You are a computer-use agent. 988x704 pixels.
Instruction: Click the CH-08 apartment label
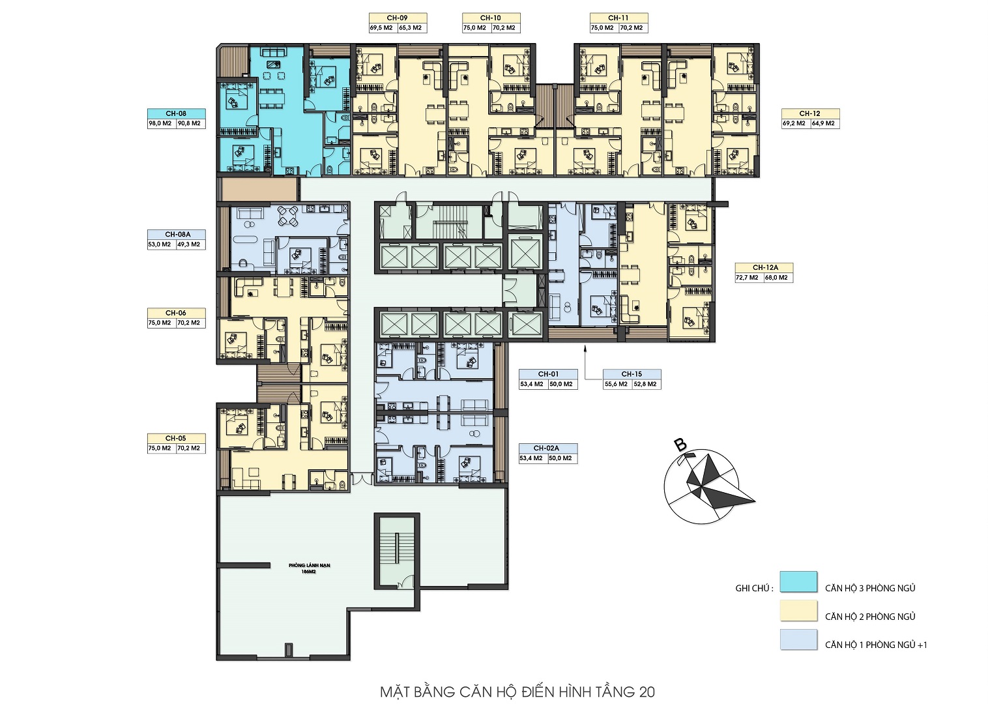(176, 113)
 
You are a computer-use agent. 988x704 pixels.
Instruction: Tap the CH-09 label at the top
(398, 18)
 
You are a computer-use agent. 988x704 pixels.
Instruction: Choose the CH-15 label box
(632, 374)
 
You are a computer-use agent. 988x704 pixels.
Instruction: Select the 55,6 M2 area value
(616, 384)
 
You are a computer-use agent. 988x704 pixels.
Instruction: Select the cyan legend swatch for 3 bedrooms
(798, 581)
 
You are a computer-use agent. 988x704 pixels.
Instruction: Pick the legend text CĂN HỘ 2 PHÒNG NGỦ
(870, 617)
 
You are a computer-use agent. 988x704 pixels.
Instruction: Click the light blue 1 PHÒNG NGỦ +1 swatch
(798, 639)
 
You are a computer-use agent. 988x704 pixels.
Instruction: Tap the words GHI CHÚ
(754, 589)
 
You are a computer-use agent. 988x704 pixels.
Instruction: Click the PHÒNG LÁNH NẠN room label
(309, 565)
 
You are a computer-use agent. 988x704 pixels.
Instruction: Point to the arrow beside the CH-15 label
(585, 362)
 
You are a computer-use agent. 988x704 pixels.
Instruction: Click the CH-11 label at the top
(618, 18)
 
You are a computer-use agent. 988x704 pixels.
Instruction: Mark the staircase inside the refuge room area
(396, 551)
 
